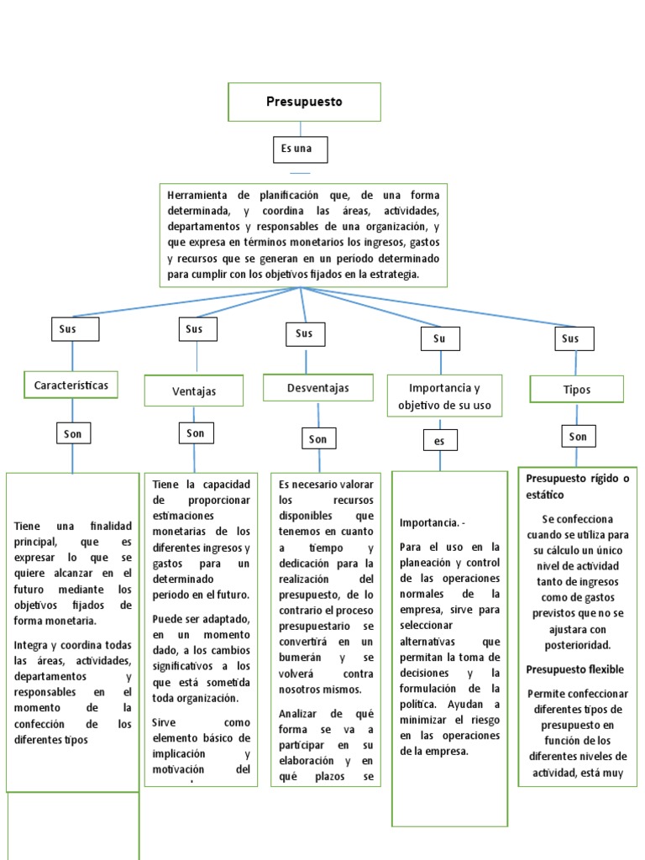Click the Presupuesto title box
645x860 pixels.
tap(304, 102)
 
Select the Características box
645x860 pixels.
tap(71, 385)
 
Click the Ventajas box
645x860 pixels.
tap(194, 391)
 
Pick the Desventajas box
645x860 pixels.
tap(317, 387)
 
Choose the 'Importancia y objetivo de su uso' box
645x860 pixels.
tap(444, 396)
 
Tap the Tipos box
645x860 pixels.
tap(577, 389)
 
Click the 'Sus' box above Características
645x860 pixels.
tap(75, 328)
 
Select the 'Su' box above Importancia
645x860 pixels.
tap(439, 338)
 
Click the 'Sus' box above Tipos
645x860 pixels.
tap(574, 338)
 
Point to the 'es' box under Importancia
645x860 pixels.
tap(440, 441)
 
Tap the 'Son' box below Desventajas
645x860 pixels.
tap(318, 438)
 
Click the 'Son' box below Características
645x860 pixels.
tap(73, 433)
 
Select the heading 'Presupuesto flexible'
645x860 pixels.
tap(575, 669)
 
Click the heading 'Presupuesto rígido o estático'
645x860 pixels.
tap(577, 486)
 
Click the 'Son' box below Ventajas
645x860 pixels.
tap(196, 433)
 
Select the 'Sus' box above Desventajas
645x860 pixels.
tap(304, 333)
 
